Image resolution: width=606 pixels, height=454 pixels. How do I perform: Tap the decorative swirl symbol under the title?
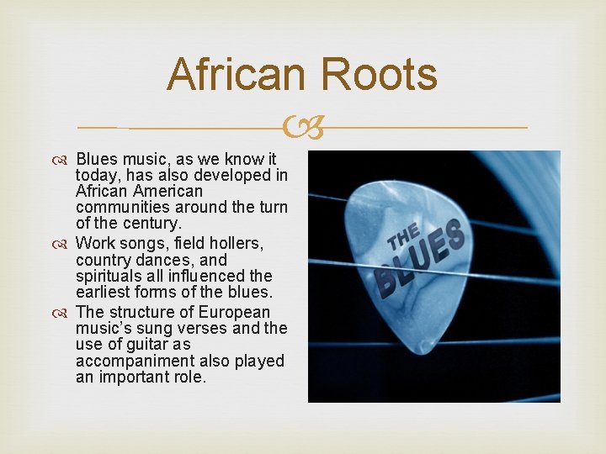(302, 129)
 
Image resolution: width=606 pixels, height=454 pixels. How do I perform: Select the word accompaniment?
(133, 361)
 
